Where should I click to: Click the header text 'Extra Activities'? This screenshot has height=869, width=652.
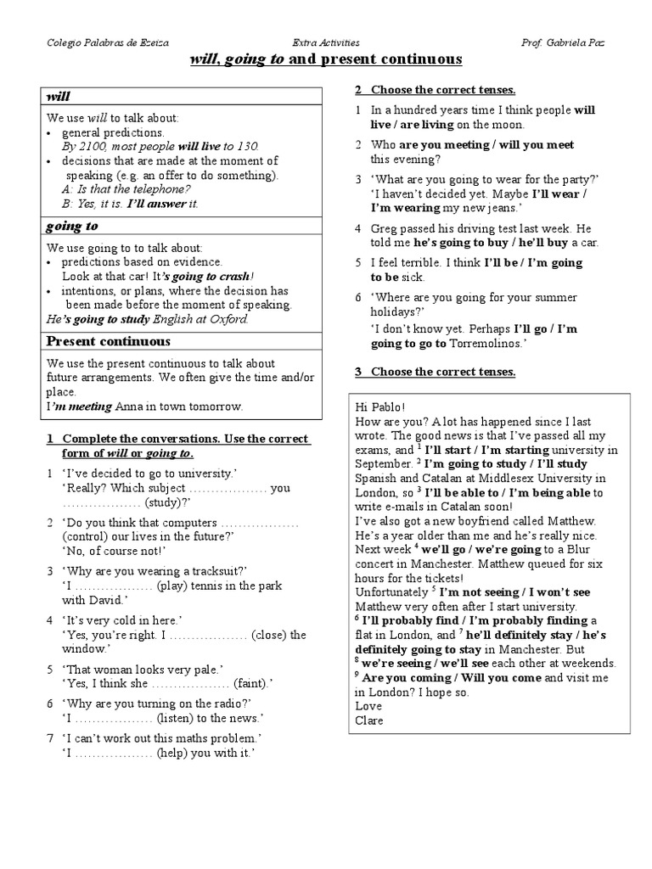[325, 42]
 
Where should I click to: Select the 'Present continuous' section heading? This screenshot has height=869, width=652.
[109, 341]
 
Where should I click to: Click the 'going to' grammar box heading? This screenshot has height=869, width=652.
[72, 226]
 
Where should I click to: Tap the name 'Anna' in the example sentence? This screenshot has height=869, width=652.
[131, 406]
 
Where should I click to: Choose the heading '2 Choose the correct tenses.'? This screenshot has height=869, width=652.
[435, 90]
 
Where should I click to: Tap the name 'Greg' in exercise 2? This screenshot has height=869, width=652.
[384, 229]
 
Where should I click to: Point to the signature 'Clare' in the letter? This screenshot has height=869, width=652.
[369, 720]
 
